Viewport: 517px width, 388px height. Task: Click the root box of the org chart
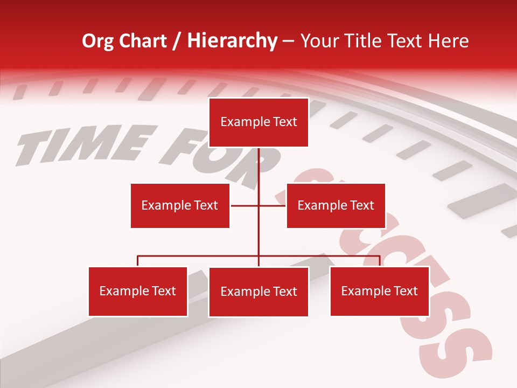coord(258,122)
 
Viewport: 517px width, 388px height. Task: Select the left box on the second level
coord(180,205)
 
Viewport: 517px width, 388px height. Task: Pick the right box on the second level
coord(336,205)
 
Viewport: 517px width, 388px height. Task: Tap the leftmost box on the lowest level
coord(138,292)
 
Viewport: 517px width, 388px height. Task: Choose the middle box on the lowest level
coord(258,292)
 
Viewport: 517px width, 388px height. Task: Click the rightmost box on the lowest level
coord(379,292)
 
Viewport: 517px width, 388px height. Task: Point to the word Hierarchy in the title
coord(232,41)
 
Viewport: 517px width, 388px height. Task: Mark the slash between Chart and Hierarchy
coord(177,41)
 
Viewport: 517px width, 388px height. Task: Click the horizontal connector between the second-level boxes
coord(245,205)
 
